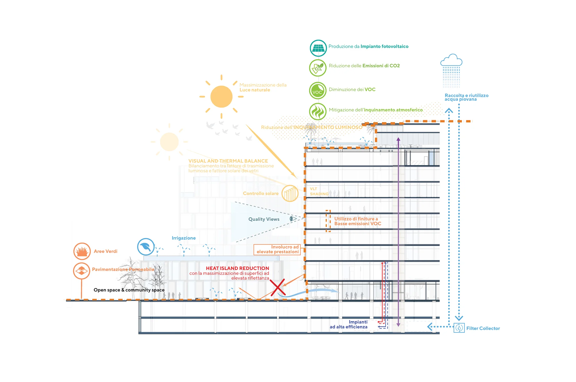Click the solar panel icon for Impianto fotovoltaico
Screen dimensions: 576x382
click(x=318, y=48)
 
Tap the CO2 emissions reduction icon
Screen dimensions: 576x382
click(x=318, y=68)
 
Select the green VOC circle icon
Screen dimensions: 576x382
click(x=318, y=91)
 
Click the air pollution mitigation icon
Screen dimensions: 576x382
click(x=318, y=112)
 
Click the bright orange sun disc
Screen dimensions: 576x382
click(x=221, y=97)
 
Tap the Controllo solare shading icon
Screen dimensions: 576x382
click(x=290, y=193)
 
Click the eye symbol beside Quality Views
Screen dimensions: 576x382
click(x=293, y=219)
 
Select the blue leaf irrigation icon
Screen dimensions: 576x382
click(x=146, y=247)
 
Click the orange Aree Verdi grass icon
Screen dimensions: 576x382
click(x=82, y=251)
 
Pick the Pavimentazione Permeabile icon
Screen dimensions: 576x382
click(x=82, y=271)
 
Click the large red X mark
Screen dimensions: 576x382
click(x=278, y=287)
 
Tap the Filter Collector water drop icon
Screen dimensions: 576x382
click(x=459, y=328)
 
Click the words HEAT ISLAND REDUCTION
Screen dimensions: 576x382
click(x=237, y=268)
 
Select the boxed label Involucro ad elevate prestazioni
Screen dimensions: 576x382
click(x=277, y=249)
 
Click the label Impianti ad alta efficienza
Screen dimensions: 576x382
click(x=348, y=325)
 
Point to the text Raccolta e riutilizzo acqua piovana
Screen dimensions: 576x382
click(x=466, y=97)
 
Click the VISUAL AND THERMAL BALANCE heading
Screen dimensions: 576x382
click(x=228, y=161)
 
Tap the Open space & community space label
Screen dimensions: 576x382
click(x=129, y=290)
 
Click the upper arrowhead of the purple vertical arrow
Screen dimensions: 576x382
click(x=398, y=139)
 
